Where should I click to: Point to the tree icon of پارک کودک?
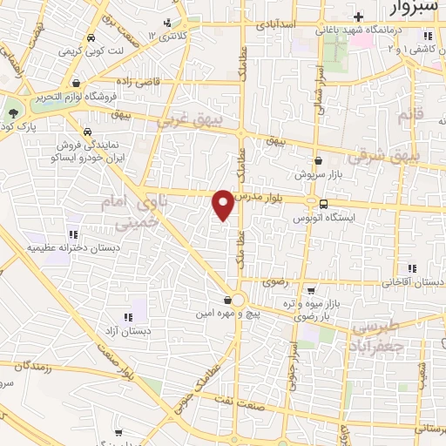click(x=13, y=113)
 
